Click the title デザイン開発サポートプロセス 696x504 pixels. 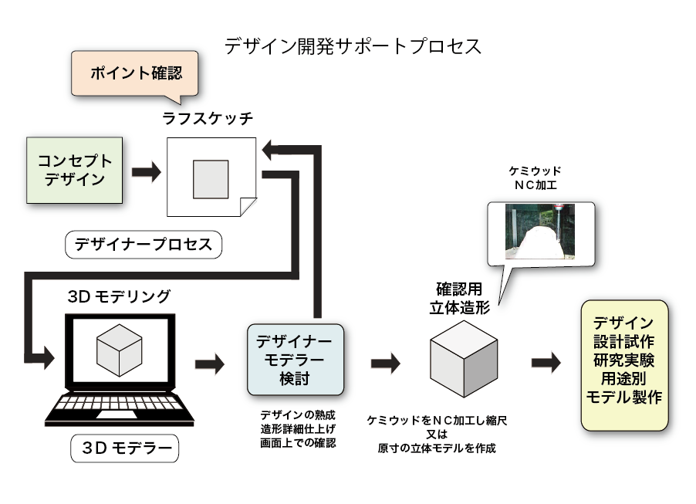pos(353,45)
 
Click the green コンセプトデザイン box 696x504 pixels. pos(75,171)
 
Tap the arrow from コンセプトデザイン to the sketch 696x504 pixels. pos(146,172)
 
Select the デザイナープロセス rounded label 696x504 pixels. pos(143,245)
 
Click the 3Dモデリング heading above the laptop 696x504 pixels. pos(119,296)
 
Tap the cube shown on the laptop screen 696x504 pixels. pos(119,350)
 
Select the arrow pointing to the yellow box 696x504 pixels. pos(546,362)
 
